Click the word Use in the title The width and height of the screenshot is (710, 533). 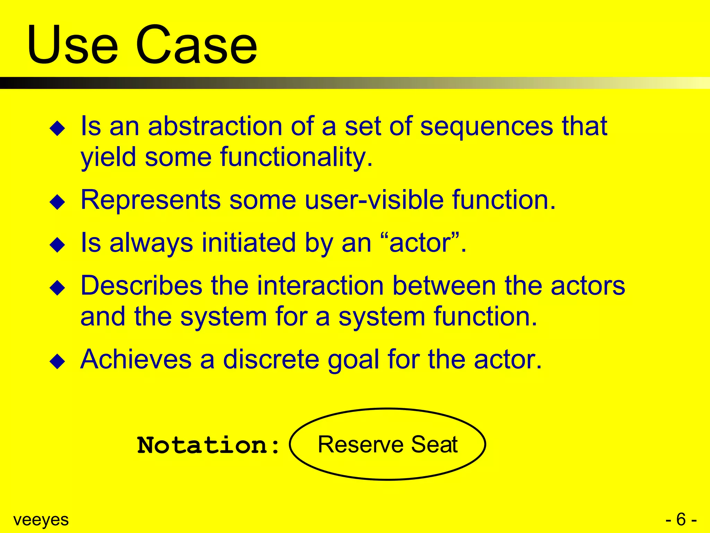[x=73, y=45]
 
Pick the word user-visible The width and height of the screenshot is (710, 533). [x=374, y=200]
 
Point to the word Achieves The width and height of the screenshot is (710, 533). [x=136, y=359]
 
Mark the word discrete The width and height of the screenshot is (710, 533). [x=271, y=359]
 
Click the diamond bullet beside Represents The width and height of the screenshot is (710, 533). [x=58, y=202]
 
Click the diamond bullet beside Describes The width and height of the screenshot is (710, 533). [x=58, y=288]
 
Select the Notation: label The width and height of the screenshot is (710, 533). [x=208, y=445]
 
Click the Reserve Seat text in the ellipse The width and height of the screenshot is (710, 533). [x=388, y=445]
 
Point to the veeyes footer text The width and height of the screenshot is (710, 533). [x=41, y=520]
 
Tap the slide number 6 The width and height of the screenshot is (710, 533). [x=681, y=519]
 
